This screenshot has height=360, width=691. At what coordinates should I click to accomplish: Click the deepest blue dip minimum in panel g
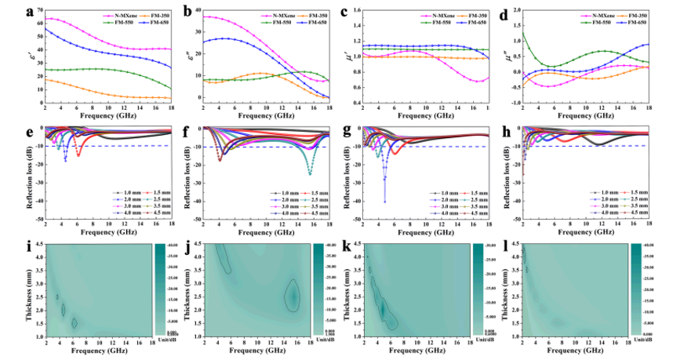point(384,202)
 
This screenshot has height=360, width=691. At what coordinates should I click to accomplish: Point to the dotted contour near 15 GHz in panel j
point(293,296)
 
